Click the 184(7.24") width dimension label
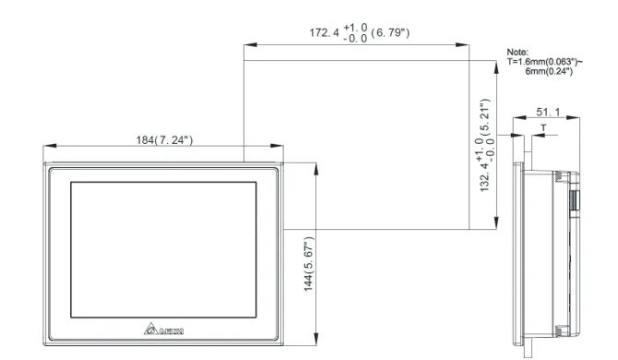164,140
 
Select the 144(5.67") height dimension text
309,264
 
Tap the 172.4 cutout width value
324,32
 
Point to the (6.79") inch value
390,32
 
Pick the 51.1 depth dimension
548,112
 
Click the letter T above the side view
543,127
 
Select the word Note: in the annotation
517,52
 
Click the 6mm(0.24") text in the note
549,71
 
